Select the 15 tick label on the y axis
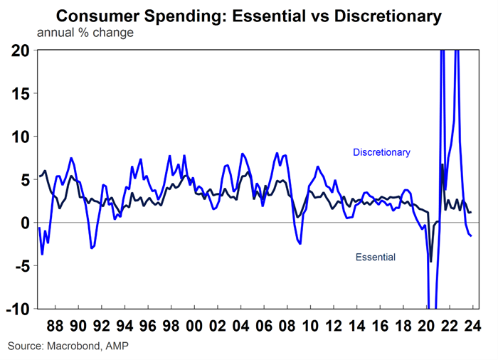pyautogui.click(x=21, y=93)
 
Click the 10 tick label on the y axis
pyautogui.click(x=21, y=137)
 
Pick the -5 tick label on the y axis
pyautogui.click(x=21, y=266)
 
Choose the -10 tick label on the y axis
pyautogui.click(x=18, y=309)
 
